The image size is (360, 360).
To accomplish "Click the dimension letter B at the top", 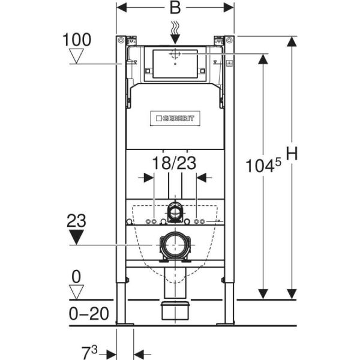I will tap(175, 8).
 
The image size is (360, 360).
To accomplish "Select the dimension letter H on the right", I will tap(292, 154).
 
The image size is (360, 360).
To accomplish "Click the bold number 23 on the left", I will tap(76, 221).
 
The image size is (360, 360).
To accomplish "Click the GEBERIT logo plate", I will tap(175, 119).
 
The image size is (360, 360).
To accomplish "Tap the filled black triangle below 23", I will tap(76, 236).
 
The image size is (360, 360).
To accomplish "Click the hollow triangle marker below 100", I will tap(76, 56).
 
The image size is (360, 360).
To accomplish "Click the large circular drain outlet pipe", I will tap(175, 246).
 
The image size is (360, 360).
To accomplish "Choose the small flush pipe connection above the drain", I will tap(175, 211).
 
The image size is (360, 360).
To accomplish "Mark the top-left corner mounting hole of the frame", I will tap(122, 41).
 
